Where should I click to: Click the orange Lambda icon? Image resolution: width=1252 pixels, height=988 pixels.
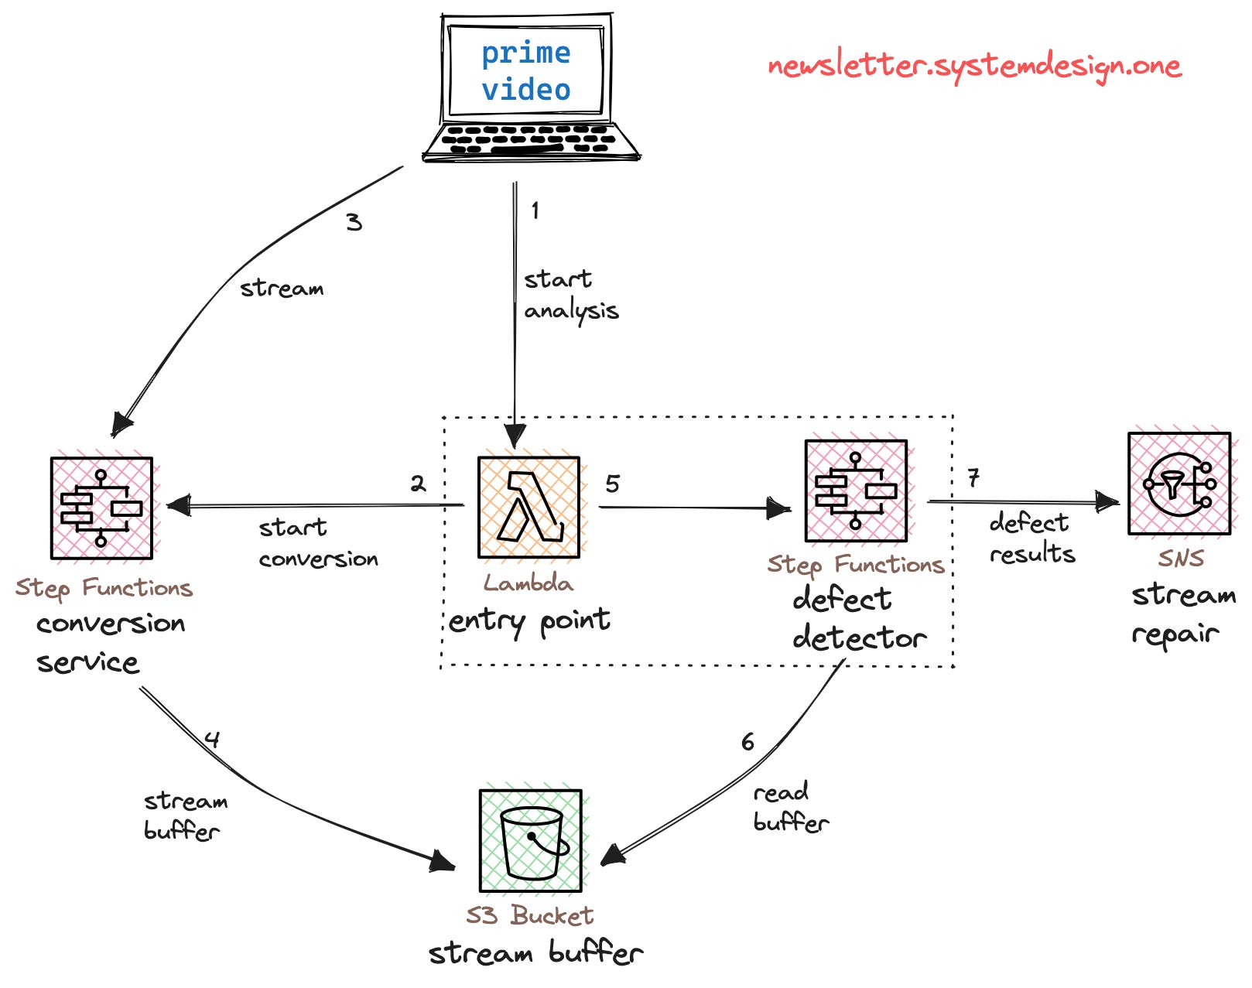click(529, 508)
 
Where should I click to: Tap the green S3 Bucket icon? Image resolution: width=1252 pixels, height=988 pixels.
click(530, 841)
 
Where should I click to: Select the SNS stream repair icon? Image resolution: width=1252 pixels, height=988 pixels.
click(1178, 484)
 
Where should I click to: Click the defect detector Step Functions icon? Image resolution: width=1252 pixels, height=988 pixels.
click(855, 491)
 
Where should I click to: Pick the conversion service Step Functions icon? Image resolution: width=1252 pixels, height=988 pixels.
click(101, 508)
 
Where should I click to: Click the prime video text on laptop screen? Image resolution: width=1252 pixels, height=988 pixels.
click(526, 71)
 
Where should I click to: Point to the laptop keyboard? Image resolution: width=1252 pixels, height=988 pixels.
click(530, 140)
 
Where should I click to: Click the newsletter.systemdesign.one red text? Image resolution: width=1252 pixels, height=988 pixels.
click(974, 67)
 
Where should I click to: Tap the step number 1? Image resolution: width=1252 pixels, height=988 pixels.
click(535, 210)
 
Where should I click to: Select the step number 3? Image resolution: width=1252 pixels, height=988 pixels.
click(354, 223)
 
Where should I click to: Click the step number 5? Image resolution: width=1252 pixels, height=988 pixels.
click(612, 484)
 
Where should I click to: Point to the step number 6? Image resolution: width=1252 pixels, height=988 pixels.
click(747, 743)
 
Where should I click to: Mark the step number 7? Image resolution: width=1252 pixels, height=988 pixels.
click(973, 478)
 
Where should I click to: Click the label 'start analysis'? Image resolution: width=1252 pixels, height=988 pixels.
click(570, 295)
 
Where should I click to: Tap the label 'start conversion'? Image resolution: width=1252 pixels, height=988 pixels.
click(317, 544)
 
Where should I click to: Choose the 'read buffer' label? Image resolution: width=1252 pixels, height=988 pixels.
click(790, 808)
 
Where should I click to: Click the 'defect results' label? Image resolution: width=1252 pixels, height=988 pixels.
click(1031, 538)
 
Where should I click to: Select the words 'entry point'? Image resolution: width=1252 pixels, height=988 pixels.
click(529, 621)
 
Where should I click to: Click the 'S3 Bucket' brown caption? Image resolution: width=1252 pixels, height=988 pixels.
click(529, 916)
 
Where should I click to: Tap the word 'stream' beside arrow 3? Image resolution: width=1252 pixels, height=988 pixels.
click(282, 289)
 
